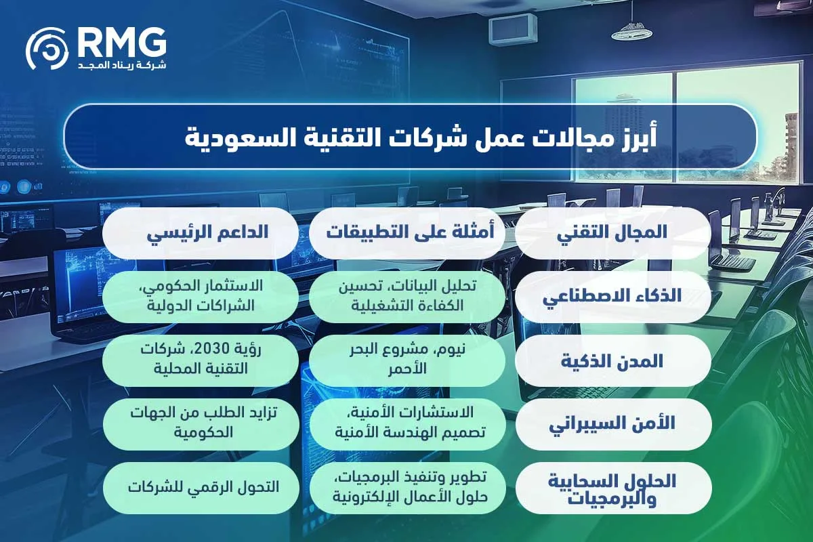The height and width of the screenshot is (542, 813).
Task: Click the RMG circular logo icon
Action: (48, 49)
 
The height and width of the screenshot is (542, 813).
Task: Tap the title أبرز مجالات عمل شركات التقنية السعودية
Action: (409, 136)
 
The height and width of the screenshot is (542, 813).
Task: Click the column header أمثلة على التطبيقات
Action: (406, 232)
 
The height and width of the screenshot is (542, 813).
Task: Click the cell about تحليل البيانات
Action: (406, 296)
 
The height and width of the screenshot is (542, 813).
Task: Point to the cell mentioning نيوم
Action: (406, 360)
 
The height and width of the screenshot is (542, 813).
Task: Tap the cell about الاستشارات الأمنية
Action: (406, 423)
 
